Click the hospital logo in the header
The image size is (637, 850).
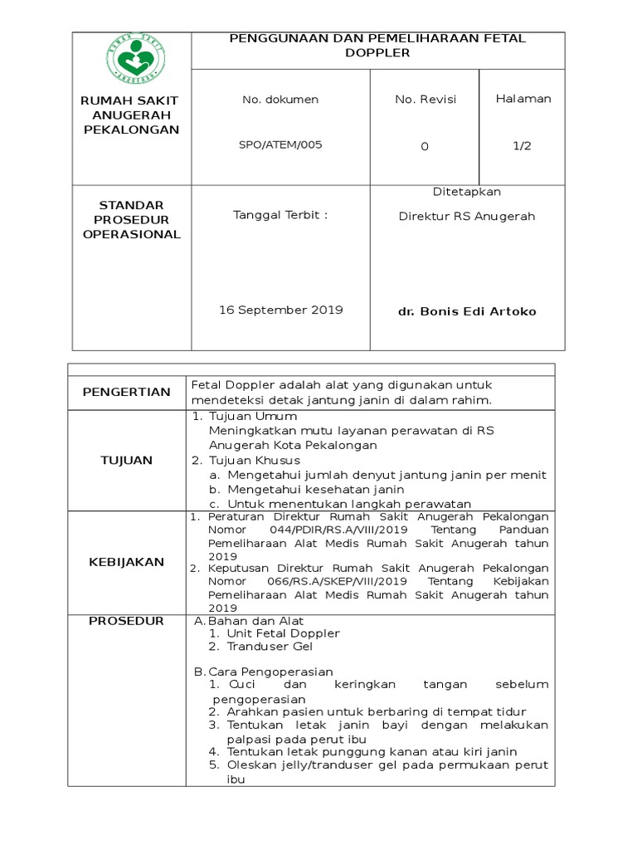(x=132, y=61)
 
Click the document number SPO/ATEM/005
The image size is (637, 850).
(x=280, y=144)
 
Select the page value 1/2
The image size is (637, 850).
(x=522, y=145)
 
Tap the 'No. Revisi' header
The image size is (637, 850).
(x=425, y=100)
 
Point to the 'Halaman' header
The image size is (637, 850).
(x=523, y=99)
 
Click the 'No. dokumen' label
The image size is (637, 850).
(x=280, y=100)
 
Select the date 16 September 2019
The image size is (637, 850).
(x=280, y=310)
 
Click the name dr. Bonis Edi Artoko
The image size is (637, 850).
(x=468, y=311)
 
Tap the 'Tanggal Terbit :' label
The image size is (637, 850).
(x=280, y=216)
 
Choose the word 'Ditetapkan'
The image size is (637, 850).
(x=467, y=192)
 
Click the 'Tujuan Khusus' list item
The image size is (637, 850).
(x=254, y=460)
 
